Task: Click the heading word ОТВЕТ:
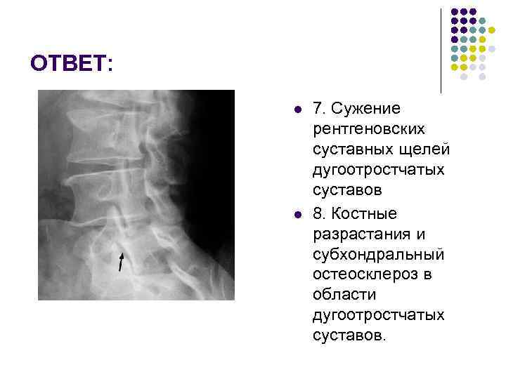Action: coord(71,64)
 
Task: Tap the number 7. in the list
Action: coord(320,109)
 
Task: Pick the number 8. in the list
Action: coord(320,213)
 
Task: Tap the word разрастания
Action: coord(359,233)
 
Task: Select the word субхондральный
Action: coord(378,253)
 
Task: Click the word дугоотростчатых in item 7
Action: coord(379,170)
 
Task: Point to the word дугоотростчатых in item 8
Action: coord(379,314)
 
